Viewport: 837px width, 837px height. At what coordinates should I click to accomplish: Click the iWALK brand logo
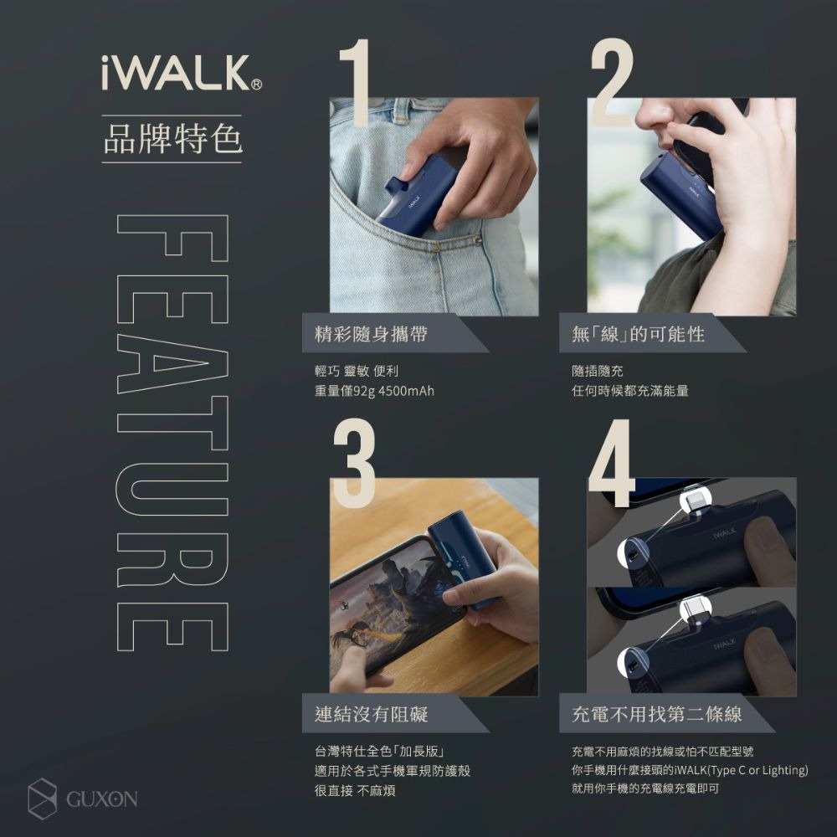(175, 73)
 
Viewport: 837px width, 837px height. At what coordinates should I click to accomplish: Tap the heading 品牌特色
(172, 139)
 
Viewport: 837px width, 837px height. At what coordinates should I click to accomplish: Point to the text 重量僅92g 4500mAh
(369, 391)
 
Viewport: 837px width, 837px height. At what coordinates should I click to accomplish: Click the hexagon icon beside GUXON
(42, 797)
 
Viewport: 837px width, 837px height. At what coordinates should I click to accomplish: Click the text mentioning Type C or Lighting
(689, 770)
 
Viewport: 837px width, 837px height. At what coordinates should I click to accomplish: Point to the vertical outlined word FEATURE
(172, 432)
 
